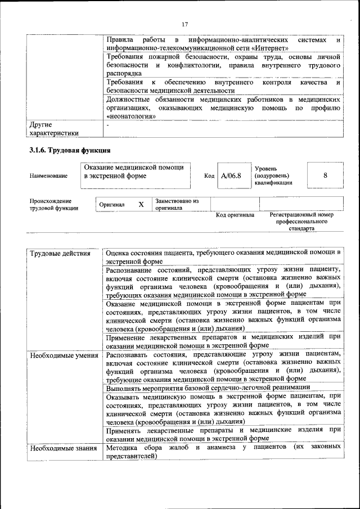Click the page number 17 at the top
pyautogui.click(x=184, y=24)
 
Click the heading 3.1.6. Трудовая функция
pyautogui.click(x=70, y=150)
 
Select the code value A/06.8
pyautogui.click(x=231, y=175)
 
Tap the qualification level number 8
pyautogui.click(x=325, y=175)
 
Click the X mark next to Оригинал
pyautogui.click(x=141, y=205)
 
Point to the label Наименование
pyautogui.click(x=48, y=176)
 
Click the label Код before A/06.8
pyautogui.click(x=209, y=176)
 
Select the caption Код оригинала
pyautogui.click(x=235, y=215)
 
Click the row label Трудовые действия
pyautogui.click(x=60, y=254)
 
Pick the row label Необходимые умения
pyautogui.click(x=64, y=355)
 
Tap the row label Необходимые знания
pyautogui.click(x=63, y=448)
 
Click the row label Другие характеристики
pyautogui.click(x=54, y=128)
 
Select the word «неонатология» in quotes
pyautogui.click(x=130, y=116)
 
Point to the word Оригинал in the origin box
pyautogui.click(x=111, y=205)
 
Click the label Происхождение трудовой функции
pyautogui.click(x=54, y=205)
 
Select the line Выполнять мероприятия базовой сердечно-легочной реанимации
pyautogui.click(x=208, y=387)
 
